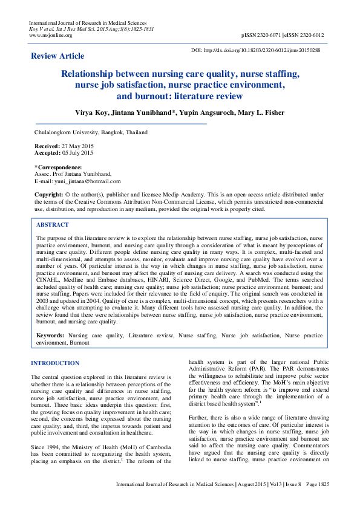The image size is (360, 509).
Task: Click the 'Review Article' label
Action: point(57,56)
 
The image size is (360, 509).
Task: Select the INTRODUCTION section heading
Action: point(55,363)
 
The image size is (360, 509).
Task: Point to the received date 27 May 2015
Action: point(80,147)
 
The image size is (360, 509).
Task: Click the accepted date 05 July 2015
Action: point(82,154)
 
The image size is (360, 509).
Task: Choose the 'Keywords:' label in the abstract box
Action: point(51,334)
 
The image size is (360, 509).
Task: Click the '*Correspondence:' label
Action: point(58,167)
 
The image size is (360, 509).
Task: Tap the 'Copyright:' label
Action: point(48,194)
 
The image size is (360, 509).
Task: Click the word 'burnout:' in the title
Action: point(134,96)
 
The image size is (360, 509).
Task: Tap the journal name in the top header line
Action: point(88,22)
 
